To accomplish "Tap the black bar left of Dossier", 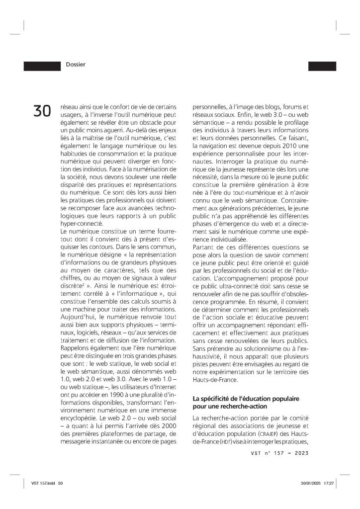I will [x=42, y=65].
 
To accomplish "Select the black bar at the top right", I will [x=322, y=66].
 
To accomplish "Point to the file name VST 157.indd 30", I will [x=48, y=483].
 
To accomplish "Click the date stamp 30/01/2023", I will [x=310, y=483].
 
